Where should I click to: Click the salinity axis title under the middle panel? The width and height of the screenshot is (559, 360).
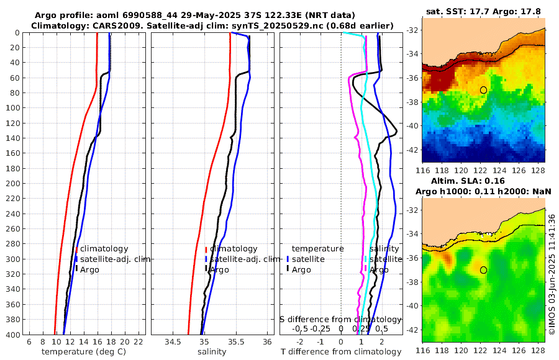pos(211,352)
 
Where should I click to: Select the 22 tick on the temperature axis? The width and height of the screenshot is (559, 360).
pos(139,342)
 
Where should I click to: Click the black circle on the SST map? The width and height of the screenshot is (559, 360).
pos(483,90)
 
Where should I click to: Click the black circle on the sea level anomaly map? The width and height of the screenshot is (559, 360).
pos(483,270)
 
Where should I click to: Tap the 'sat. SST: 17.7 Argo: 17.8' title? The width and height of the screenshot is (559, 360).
pos(483,11)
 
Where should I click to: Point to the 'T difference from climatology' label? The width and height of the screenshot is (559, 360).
pos(340,352)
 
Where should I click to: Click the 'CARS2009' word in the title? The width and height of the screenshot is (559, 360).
pos(107,25)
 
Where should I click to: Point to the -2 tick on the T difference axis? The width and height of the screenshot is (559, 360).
pos(300,342)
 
